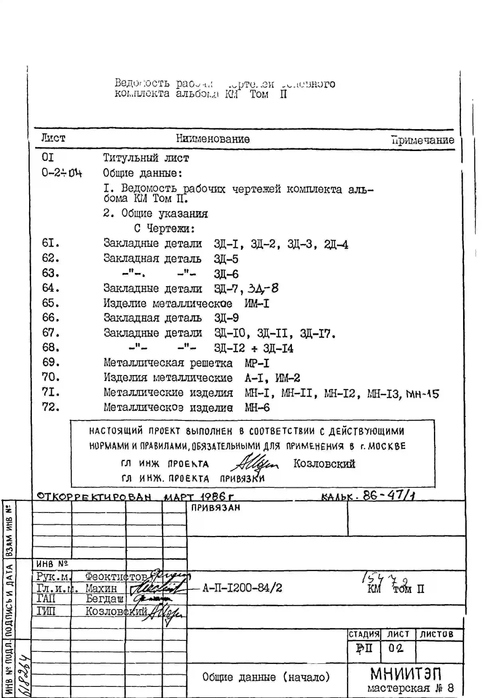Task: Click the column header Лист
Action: click(53, 138)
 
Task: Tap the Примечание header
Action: click(423, 140)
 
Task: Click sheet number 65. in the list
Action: click(51, 303)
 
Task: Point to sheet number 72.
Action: click(51, 407)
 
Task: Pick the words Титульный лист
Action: click(146, 158)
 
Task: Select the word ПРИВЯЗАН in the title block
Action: click(215, 508)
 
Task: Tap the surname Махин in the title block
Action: click(101, 588)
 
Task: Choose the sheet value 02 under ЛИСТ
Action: click(395, 648)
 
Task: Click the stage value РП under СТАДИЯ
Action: click(364, 648)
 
